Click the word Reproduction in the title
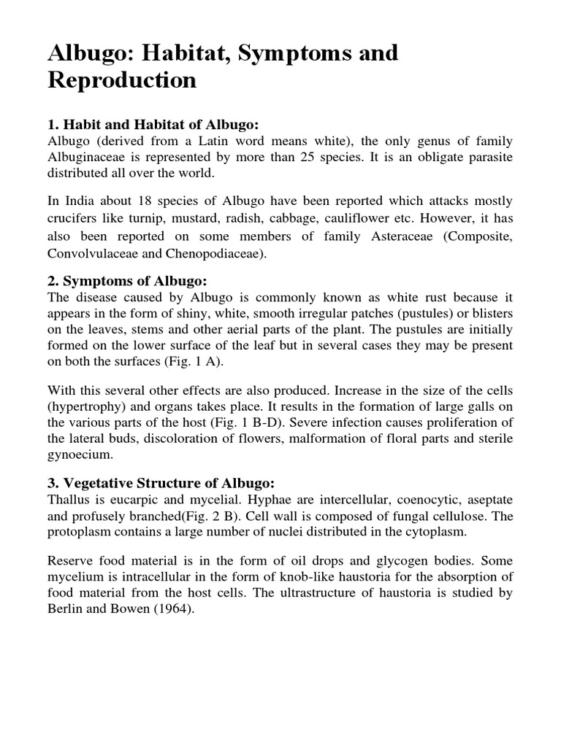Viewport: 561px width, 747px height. click(x=122, y=80)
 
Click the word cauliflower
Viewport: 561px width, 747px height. click(x=375, y=219)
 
